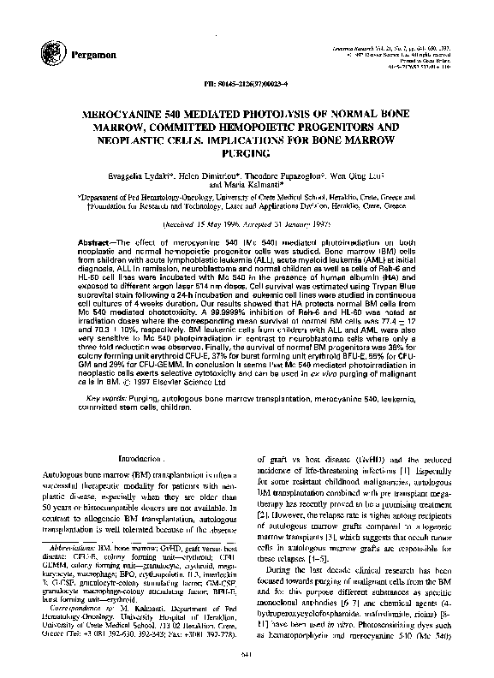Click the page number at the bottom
[x=247, y=655]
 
